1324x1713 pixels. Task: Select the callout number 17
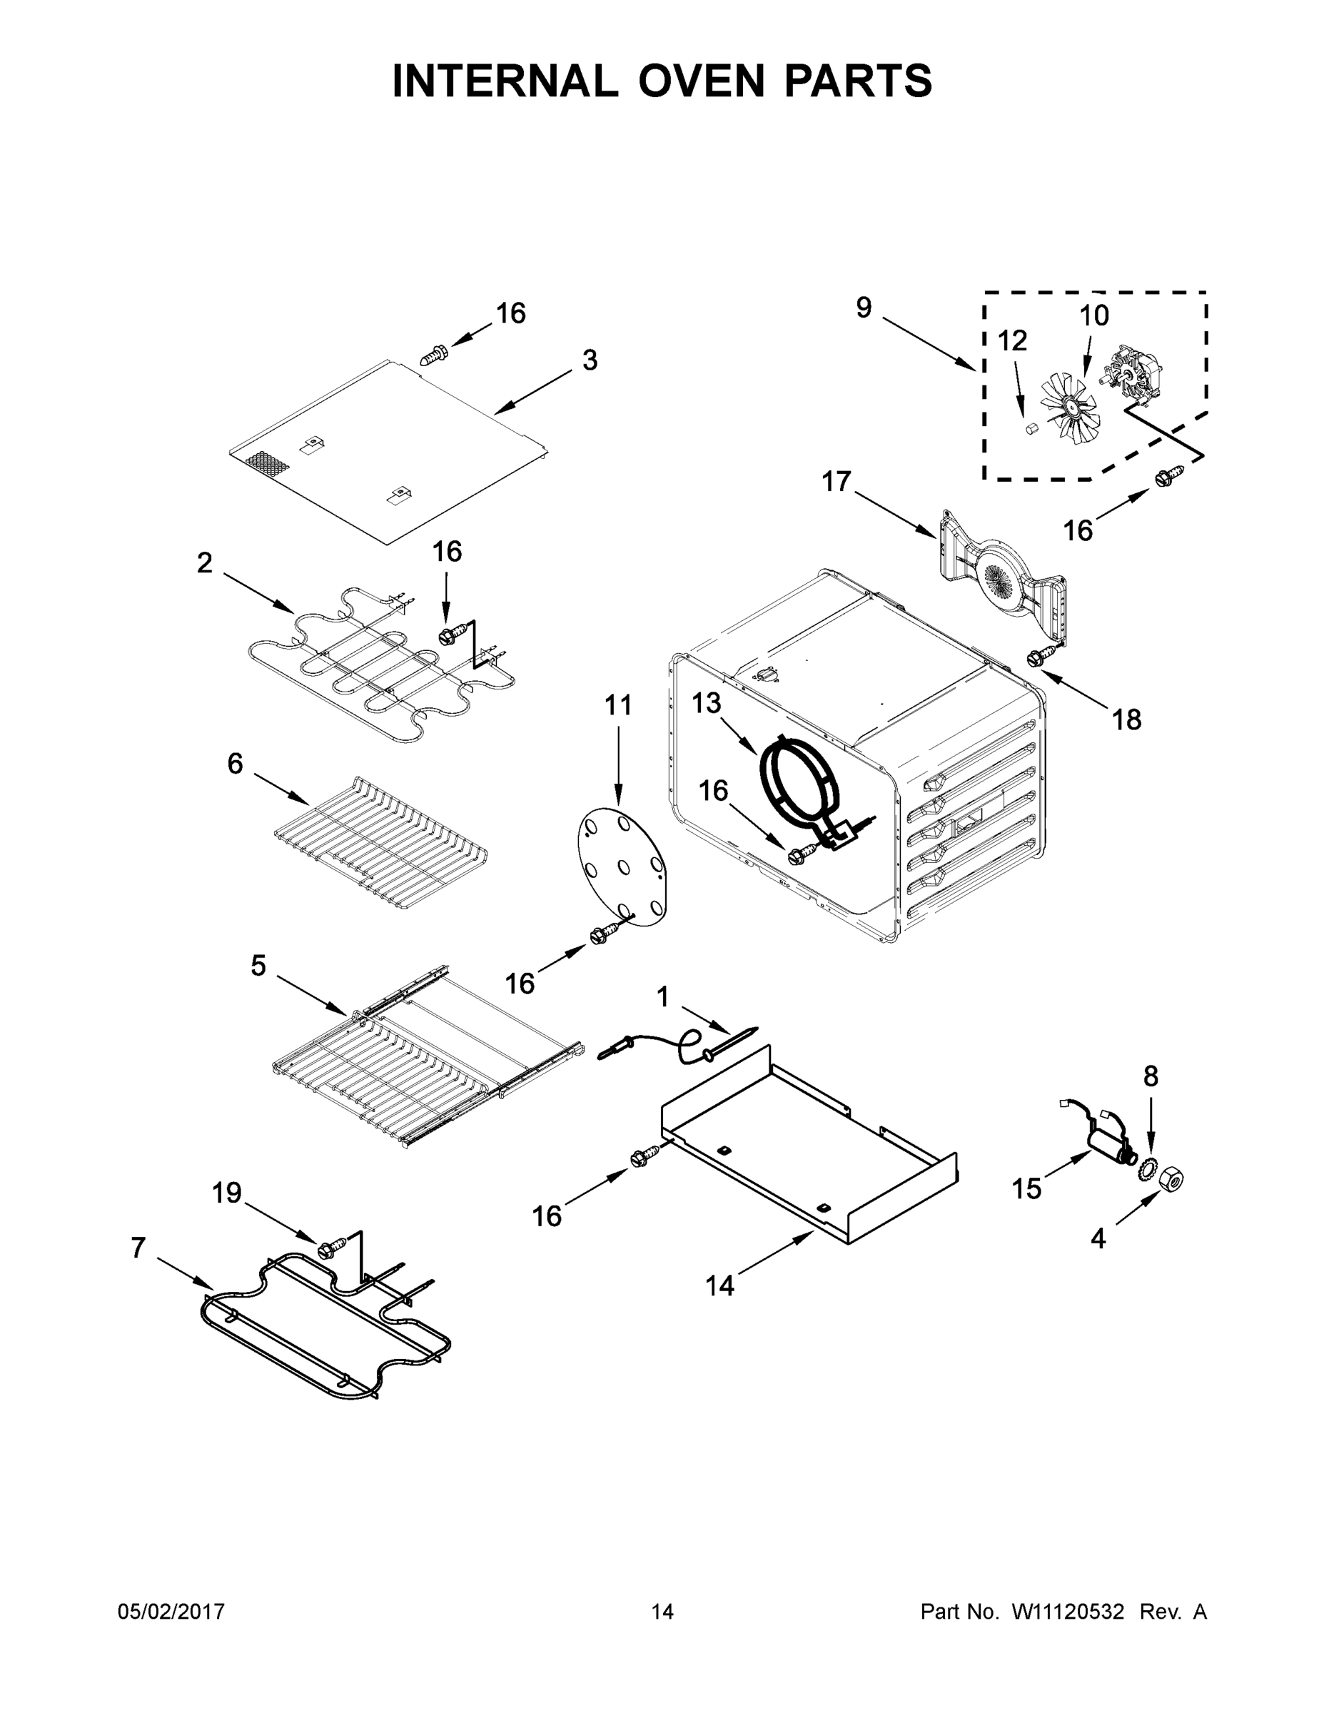(836, 481)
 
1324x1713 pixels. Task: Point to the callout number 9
(863, 308)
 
